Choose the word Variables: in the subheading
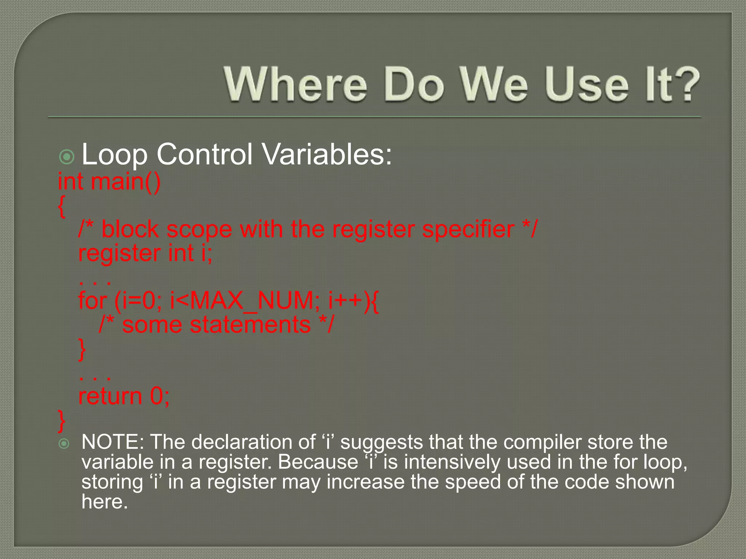tap(327, 154)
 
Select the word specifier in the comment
tap(468, 230)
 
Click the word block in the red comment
tap(130, 230)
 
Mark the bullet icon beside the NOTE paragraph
tap(64, 444)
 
